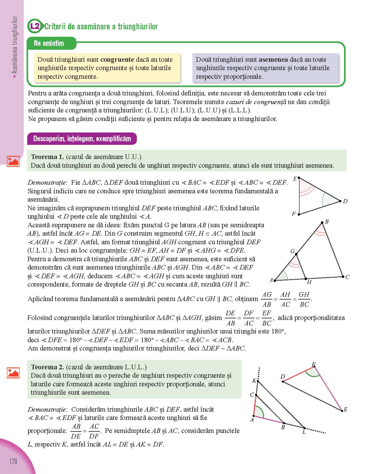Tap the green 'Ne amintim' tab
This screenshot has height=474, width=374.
49,43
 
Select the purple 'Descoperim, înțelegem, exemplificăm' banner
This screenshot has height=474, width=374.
82,139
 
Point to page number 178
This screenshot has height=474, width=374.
13,462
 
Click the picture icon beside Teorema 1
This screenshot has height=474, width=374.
13,161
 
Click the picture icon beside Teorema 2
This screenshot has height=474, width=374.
13,373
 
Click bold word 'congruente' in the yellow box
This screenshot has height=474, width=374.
117,60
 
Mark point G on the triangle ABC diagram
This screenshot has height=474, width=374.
296,254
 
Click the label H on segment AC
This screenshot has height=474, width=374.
309,282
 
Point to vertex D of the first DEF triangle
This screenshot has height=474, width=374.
340,201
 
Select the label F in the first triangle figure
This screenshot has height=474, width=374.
294,214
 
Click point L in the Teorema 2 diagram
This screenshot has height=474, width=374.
304,427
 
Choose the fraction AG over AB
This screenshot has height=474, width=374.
267,299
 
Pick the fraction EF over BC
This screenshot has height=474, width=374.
267,318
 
